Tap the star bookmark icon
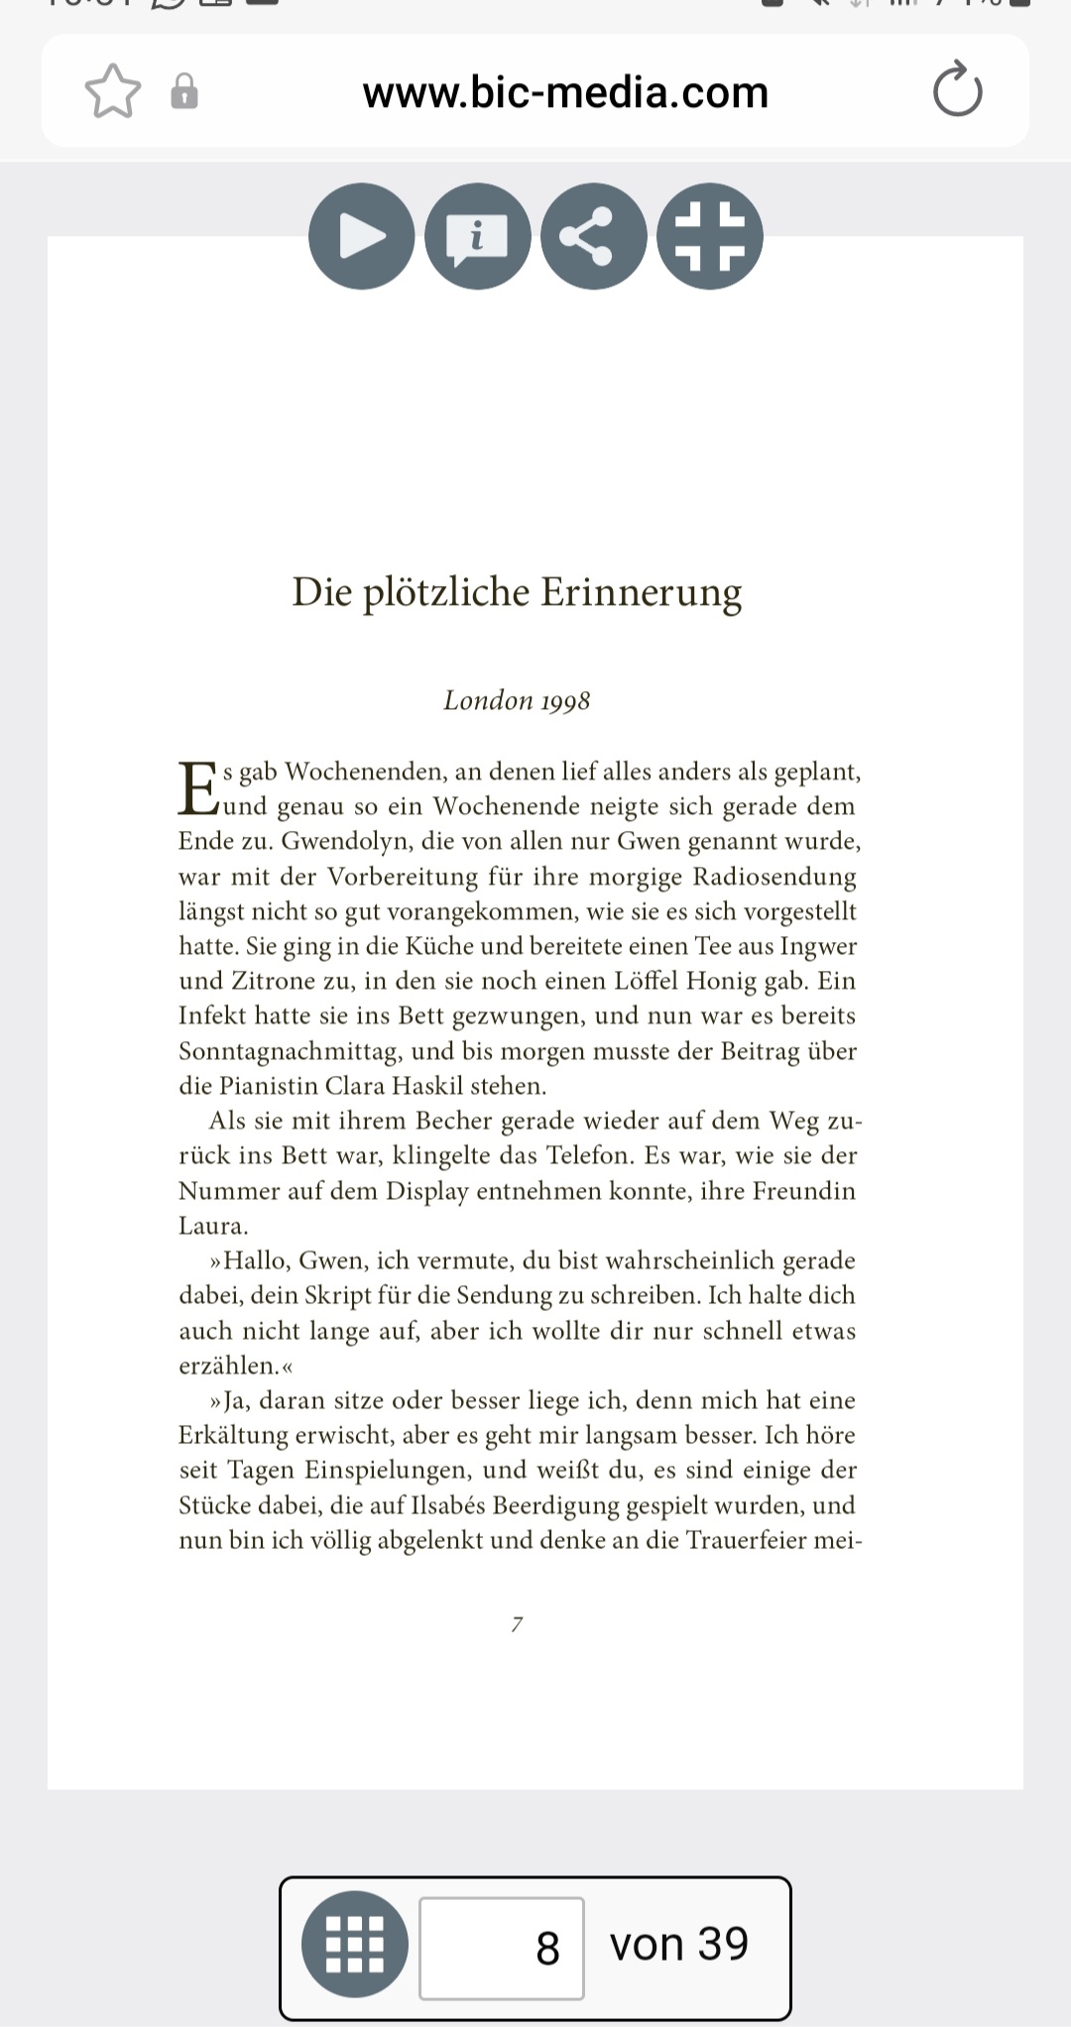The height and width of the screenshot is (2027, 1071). (x=113, y=91)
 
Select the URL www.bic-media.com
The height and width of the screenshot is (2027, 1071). (x=565, y=92)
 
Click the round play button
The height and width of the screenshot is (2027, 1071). (x=361, y=236)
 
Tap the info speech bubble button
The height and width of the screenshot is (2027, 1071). (x=477, y=236)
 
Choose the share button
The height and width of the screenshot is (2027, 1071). (x=593, y=236)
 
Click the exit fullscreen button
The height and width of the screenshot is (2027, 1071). (x=710, y=236)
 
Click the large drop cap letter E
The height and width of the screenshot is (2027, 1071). (x=197, y=788)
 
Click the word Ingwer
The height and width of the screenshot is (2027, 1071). (x=818, y=946)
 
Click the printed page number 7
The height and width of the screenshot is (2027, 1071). (x=517, y=1624)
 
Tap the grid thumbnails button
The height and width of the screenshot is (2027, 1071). (x=355, y=1944)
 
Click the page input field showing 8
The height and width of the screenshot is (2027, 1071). (x=502, y=1948)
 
